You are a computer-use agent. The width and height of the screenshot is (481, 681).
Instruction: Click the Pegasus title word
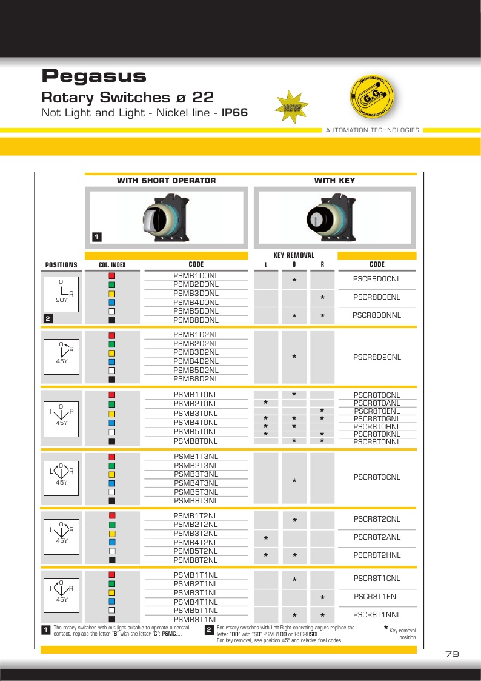(94, 76)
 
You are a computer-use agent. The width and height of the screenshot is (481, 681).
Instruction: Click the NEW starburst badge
(292, 107)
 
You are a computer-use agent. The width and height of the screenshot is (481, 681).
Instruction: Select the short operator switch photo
(167, 217)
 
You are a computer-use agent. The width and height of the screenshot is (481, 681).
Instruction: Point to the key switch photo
(335, 217)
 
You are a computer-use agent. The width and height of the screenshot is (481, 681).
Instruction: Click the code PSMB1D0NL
(196, 276)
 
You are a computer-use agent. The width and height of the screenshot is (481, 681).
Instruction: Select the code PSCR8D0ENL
(377, 297)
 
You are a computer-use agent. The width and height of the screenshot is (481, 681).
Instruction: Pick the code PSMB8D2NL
(196, 379)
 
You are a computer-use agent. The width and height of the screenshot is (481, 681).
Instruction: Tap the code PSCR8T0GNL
(377, 419)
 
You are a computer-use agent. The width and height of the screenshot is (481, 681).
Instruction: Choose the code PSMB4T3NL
(196, 483)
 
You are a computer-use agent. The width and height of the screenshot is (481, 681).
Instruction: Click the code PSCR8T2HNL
(377, 555)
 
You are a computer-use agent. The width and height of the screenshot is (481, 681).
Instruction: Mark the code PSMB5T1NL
(196, 610)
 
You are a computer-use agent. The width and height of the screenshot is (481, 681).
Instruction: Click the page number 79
(451, 654)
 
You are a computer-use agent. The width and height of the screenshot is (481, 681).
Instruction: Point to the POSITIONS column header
(61, 265)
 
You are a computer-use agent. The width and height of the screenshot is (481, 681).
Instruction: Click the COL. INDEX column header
(112, 265)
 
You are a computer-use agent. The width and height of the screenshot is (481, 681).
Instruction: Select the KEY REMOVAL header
(294, 255)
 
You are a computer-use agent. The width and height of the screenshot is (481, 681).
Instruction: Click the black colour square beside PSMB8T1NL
(112, 619)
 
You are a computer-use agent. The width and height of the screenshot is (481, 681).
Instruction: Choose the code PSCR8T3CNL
(377, 477)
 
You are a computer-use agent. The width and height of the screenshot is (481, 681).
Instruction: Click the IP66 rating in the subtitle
(234, 113)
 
